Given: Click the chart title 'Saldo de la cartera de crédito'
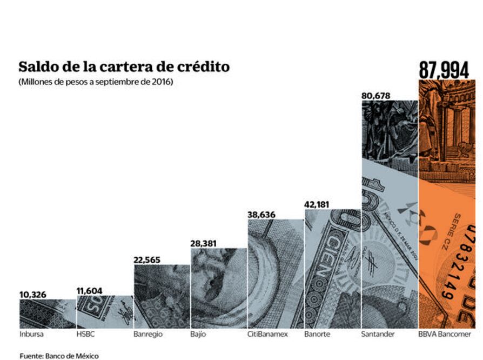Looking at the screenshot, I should click(124, 67).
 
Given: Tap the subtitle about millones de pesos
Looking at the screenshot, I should click(96, 82).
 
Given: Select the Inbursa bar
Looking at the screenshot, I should click(47, 314).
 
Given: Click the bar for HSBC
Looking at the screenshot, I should click(104, 312).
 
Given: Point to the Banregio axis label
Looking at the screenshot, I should click(147, 335).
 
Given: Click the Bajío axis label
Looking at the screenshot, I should click(198, 335).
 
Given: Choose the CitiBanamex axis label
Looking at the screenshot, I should click(267, 335).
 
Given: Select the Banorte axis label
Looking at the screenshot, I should click(317, 335).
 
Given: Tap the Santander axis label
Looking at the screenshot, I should click(378, 335).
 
